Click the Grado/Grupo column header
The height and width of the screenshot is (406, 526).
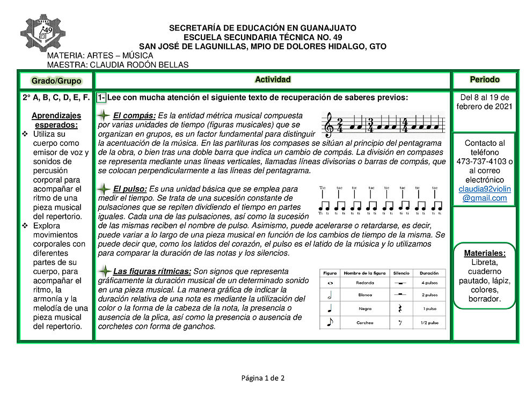click(x=56, y=80)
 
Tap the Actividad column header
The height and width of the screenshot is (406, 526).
click(x=273, y=80)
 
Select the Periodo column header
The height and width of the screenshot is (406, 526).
click(x=485, y=80)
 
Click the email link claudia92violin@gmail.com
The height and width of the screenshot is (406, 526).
click(x=485, y=194)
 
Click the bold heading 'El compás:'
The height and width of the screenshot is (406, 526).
click(x=135, y=115)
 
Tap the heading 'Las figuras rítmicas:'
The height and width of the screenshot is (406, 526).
click(x=152, y=271)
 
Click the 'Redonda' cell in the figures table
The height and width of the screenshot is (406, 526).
click(x=365, y=283)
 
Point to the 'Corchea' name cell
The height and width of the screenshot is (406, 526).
click(x=365, y=323)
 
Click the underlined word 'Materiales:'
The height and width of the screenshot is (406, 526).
click(x=485, y=253)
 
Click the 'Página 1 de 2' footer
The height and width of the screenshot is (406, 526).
click(x=262, y=378)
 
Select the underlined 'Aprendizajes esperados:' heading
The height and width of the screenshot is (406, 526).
click(x=56, y=120)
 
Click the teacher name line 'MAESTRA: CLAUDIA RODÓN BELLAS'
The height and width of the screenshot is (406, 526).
click(x=118, y=65)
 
